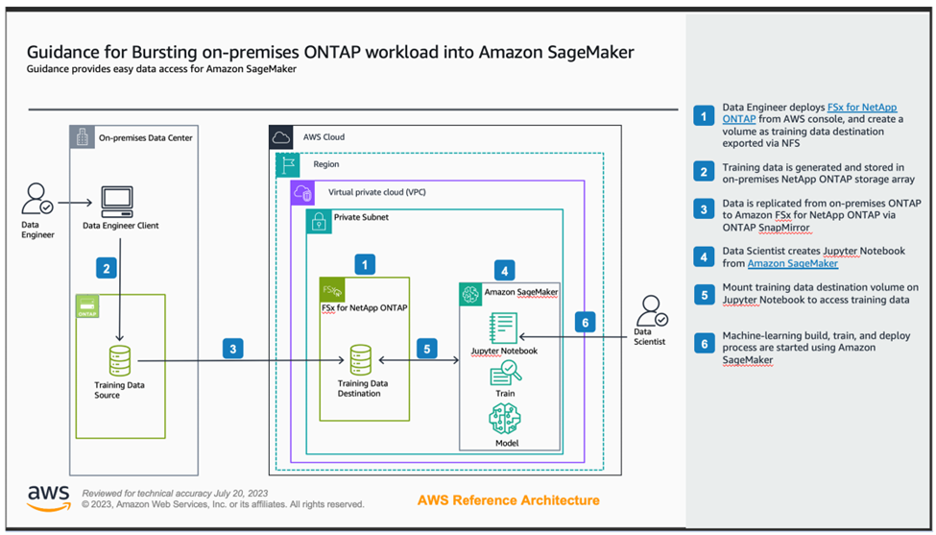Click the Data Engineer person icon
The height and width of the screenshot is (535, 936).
click(36, 200)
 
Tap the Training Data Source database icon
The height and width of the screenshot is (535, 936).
click(120, 360)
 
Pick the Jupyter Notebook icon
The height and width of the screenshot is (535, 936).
click(503, 328)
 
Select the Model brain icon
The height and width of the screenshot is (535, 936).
click(504, 418)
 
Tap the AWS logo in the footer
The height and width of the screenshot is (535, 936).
click(48, 497)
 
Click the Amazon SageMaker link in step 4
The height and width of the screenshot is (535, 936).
click(792, 263)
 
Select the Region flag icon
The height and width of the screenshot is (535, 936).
click(289, 165)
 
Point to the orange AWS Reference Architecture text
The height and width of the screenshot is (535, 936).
click(509, 500)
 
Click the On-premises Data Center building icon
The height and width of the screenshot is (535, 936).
click(83, 137)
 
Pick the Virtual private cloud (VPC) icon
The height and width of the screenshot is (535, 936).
click(303, 192)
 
